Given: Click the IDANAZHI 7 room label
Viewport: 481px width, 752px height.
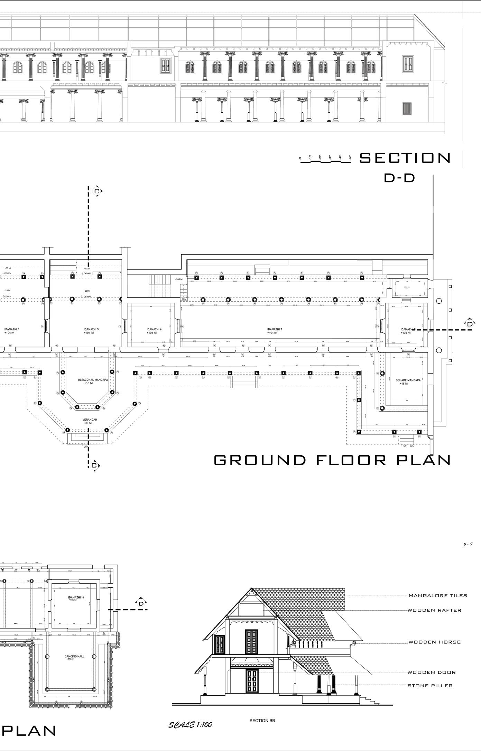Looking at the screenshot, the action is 274,329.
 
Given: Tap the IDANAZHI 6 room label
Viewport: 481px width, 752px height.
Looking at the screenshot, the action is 154,329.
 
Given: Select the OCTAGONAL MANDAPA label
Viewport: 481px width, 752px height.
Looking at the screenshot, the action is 93,380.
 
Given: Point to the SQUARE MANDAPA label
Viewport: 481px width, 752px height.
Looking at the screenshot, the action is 408,380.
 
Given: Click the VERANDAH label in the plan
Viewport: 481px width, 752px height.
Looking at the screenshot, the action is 90,420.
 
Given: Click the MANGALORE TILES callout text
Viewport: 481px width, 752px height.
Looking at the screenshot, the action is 438,596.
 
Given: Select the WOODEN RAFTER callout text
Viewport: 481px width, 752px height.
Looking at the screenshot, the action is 434,610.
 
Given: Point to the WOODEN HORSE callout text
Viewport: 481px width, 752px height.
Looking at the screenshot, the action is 434,642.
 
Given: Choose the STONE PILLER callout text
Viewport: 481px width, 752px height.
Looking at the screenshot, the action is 430,686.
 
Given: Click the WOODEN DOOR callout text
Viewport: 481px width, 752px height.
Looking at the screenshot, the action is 432,672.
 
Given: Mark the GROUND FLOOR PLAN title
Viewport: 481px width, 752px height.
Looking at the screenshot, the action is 332,460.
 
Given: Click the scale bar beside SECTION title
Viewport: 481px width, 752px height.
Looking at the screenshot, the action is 325,159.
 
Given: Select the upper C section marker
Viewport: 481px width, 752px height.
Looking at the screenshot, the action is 97,191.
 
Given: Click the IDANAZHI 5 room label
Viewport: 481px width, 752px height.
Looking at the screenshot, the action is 91,329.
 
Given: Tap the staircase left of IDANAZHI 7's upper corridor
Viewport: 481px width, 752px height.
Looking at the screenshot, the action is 160,280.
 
